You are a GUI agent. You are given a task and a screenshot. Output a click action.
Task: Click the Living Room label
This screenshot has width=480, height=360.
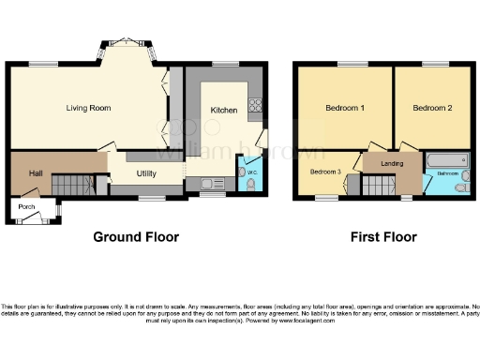pyautogui.click(x=88, y=108)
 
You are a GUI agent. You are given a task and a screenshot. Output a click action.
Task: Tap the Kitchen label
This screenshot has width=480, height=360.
pyautogui.click(x=223, y=110)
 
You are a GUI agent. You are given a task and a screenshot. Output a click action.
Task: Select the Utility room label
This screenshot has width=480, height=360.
pyautogui.click(x=145, y=173)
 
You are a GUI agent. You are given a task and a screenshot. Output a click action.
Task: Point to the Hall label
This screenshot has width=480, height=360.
pyautogui.click(x=35, y=173)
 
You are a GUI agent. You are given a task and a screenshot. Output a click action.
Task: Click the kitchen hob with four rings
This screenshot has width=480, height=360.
pyautogui.click(x=253, y=105)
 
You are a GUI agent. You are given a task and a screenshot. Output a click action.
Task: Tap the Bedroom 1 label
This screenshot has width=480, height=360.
pyautogui.click(x=344, y=108)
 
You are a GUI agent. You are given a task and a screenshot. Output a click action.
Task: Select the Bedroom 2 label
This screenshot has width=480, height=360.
pyautogui.click(x=433, y=108)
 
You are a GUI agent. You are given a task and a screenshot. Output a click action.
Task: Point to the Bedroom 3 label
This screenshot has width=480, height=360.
pyautogui.click(x=324, y=172)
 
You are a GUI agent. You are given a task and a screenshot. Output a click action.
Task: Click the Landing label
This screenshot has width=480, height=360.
pyautogui.click(x=392, y=165)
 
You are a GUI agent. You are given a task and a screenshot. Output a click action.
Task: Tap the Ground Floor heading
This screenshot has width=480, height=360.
pyautogui.click(x=135, y=237)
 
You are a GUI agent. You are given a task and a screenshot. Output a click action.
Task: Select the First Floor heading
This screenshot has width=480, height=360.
pyautogui.click(x=384, y=237)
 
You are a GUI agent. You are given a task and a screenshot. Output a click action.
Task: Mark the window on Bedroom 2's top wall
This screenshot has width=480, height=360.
pyautogui.click(x=433, y=64)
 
